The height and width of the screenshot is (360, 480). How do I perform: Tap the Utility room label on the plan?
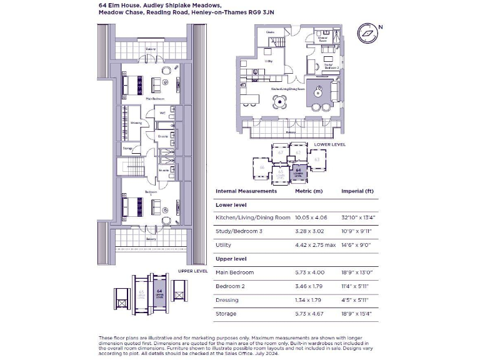click(x=269, y=61)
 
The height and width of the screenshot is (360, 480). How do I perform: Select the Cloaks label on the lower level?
click(x=270, y=31)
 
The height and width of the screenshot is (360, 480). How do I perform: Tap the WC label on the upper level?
click(x=162, y=113)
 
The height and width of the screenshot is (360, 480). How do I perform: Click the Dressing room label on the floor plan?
click(x=136, y=123)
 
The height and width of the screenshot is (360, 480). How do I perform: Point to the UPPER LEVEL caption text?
click(x=192, y=271)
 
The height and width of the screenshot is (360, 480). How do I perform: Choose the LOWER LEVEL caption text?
click(x=330, y=144)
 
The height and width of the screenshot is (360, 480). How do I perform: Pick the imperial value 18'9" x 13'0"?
click(x=357, y=272)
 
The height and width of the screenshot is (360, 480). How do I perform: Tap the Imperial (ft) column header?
click(x=357, y=191)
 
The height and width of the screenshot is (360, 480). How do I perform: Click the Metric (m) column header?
click(x=309, y=191)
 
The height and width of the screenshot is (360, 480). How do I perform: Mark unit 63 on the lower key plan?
click(x=316, y=160)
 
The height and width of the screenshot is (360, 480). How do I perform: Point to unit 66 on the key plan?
click(x=261, y=167)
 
